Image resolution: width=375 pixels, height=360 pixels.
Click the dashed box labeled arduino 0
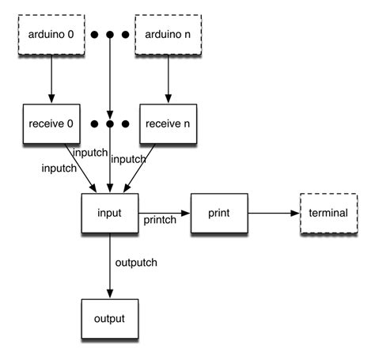(51, 36)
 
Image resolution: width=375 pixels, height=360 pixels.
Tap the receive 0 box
(51, 124)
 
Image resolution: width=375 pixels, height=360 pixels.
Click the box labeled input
(110, 214)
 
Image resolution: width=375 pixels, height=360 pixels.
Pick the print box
(219, 214)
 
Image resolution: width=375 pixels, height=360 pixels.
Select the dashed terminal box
(327, 214)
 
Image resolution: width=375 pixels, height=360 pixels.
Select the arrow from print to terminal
(272, 214)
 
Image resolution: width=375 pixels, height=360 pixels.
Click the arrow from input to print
(165, 214)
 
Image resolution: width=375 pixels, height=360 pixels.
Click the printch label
(161, 222)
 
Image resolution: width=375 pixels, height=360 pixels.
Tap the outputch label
(137, 263)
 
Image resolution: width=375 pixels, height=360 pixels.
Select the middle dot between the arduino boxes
(110, 36)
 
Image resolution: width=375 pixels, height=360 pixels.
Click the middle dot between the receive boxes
(110, 124)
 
